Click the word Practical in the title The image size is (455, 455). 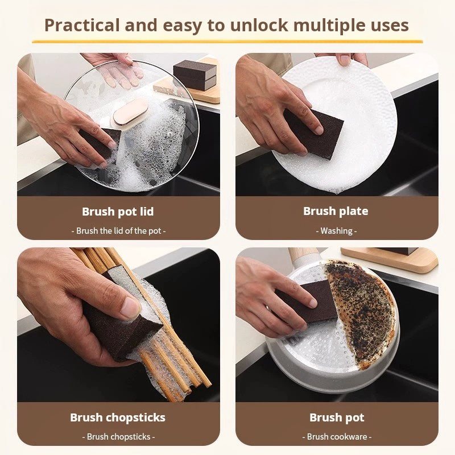pos(82,25)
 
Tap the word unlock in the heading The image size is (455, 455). pos(259,25)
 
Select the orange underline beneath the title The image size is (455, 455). pos(227,42)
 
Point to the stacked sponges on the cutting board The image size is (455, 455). pos(195,75)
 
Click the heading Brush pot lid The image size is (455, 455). pos(118,212)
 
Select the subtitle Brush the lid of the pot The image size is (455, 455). pos(118,231)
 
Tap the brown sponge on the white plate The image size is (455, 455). pos(313,134)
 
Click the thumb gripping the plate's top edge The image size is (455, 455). pos(345,60)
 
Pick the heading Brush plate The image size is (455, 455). pos(336,211)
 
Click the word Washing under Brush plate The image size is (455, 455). pos(336,231)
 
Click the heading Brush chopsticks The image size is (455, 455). pos(118,417)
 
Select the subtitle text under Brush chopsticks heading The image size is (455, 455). pos(118,437)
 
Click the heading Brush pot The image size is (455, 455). pos(337,417)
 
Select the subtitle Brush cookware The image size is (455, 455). pos(337,437)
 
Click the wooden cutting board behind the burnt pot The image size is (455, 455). pos(389,259)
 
